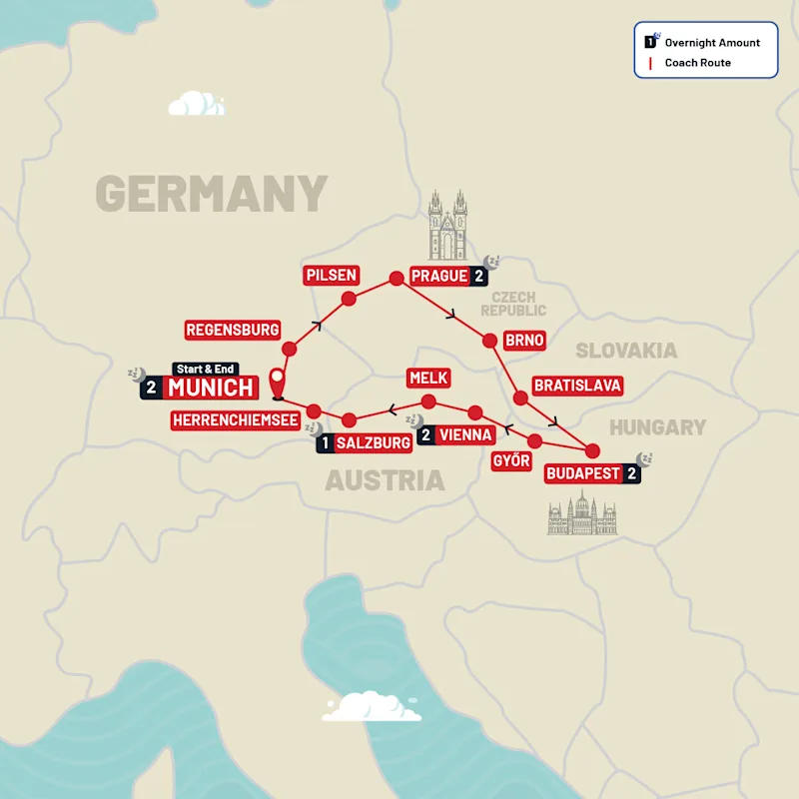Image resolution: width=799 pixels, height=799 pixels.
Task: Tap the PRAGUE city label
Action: [438, 277]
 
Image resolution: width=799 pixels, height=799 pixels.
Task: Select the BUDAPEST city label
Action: [584, 473]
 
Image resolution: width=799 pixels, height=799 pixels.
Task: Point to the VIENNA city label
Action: [465, 434]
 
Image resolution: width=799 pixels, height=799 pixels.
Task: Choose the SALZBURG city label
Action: [374, 442]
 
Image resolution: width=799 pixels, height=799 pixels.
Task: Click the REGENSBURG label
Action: [233, 329]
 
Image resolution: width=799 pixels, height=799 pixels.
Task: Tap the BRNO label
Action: [524, 341]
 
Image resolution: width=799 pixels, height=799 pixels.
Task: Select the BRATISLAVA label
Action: [578, 385]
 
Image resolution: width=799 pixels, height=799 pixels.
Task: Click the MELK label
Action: [428, 378]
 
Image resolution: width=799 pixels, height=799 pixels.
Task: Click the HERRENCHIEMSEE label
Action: [236, 420]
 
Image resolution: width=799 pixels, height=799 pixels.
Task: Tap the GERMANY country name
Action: [212, 193]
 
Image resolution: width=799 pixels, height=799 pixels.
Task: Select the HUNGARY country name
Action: [658, 427]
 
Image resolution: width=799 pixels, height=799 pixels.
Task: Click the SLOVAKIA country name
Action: [626, 351]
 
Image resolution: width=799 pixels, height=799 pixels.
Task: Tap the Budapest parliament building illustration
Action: [582, 516]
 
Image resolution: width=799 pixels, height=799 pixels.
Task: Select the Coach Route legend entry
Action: [697, 63]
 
